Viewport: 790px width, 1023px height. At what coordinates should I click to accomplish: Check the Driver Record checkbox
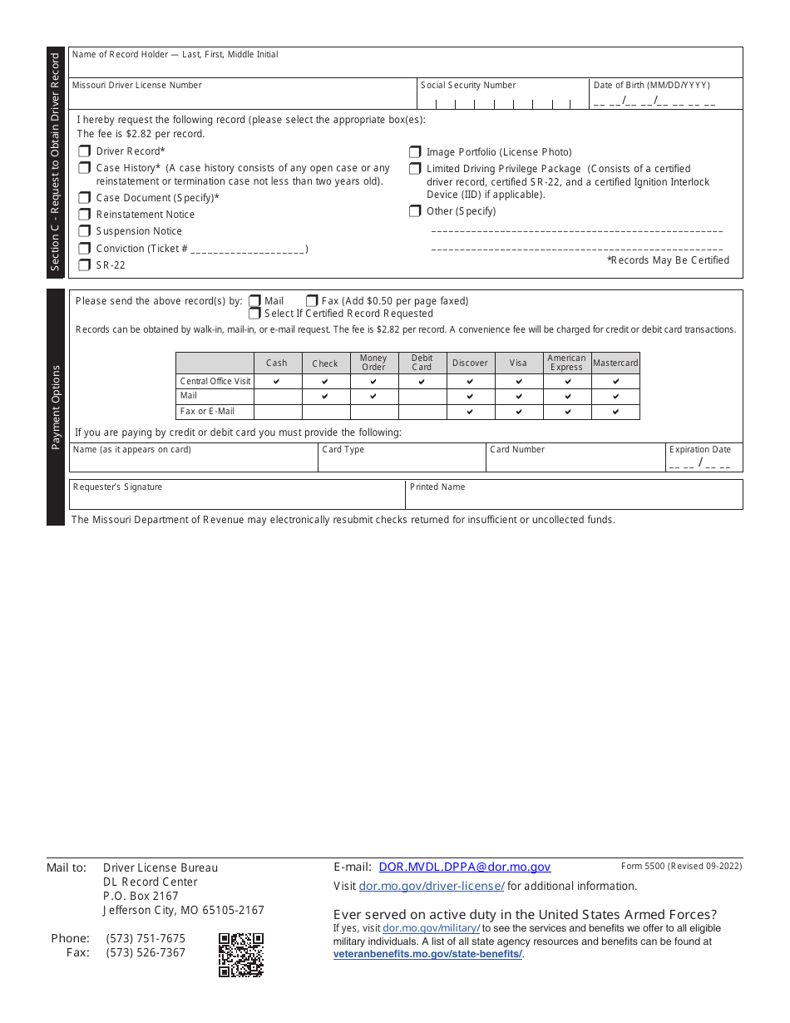(x=84, y=151)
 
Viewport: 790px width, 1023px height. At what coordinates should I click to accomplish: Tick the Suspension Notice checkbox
(x=84, y=231)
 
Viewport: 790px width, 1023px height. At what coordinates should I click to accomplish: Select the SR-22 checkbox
(x=84, y=265)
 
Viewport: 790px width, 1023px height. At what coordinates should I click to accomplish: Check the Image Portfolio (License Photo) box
(x=415, y=152)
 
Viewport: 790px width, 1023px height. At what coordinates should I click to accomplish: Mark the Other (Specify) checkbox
(x=415, y=211)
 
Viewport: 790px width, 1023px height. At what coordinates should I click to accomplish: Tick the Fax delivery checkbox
(x=312, y=301)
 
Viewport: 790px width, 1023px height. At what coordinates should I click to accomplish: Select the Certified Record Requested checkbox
(x=255, y=314)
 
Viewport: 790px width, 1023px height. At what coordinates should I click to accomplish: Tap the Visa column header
(x=518, y=363)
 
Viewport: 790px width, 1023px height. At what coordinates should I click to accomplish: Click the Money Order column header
(x=373, y=363)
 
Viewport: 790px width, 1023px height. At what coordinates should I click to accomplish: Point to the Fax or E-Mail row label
(x=207, y=412)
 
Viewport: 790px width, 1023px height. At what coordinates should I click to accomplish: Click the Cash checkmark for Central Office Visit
(x=277, y=382)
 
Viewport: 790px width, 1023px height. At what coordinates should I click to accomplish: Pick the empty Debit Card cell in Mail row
(x=422, y=397)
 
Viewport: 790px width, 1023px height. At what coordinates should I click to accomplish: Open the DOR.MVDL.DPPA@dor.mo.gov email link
(x=464, y=867)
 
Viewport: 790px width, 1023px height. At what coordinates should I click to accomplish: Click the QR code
(x=241, y=955)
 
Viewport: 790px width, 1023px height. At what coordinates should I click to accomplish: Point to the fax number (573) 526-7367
(x=146, y=952)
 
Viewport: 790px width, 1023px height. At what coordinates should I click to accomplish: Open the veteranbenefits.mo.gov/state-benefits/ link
(x=427, y=954)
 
